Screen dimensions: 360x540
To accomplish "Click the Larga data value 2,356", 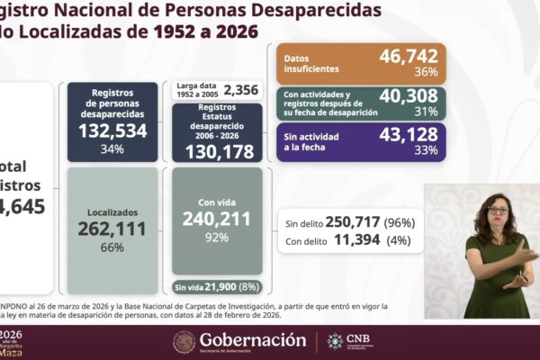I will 240,89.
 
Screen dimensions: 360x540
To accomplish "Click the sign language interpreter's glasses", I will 498,210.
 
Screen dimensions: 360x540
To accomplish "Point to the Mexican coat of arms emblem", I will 184,342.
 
